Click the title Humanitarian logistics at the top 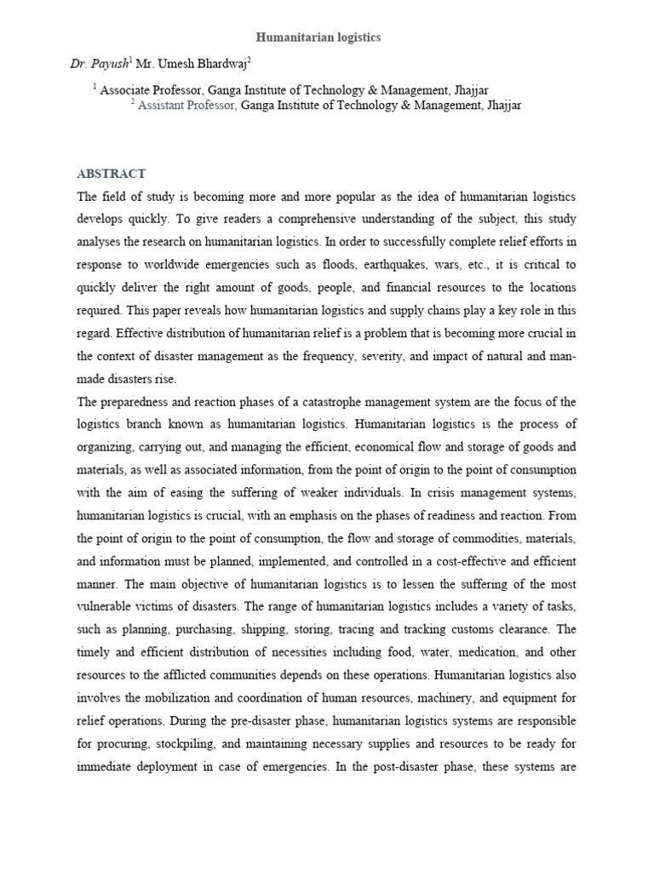(x=318, y=37)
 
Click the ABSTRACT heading (x=112, y=174)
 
